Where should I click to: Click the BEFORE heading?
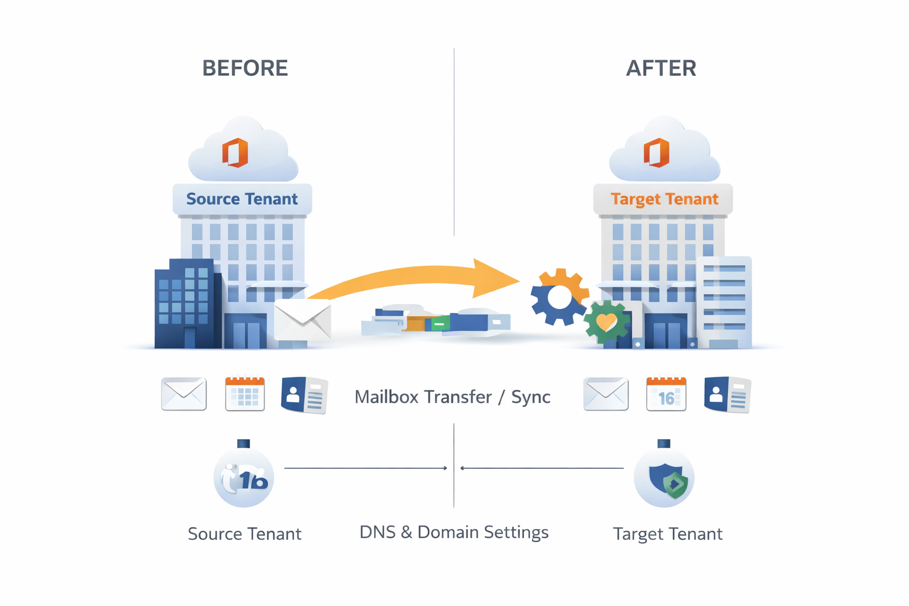click(x=245, y=68)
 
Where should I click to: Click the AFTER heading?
click(x=661, y=68)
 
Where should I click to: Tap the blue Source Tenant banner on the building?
click(x=242, y=199)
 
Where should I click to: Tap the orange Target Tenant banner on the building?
click(x=664, y=199)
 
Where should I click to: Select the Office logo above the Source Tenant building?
click(x=235, y=153)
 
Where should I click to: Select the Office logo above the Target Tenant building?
click(x=656, y=153)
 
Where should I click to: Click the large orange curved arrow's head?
click(x=494, y=278)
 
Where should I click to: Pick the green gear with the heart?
click(x=606, y=323)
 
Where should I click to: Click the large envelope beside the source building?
click(x=302, y=320)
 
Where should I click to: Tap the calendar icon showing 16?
click(x=666, y=394)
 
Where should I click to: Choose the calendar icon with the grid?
click(x=245, y=394)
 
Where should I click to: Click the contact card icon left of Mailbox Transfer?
click(x=304, y=395)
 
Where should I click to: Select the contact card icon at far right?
click(x=727, y=395)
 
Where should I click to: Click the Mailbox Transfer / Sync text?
click(x=452, y=397)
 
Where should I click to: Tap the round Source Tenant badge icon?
click(x=244, y=478)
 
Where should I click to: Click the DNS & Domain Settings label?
click(x=454, y=532)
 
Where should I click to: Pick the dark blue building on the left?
click(x=186, y=305)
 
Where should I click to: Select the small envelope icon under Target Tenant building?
click(x=605, y=394)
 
